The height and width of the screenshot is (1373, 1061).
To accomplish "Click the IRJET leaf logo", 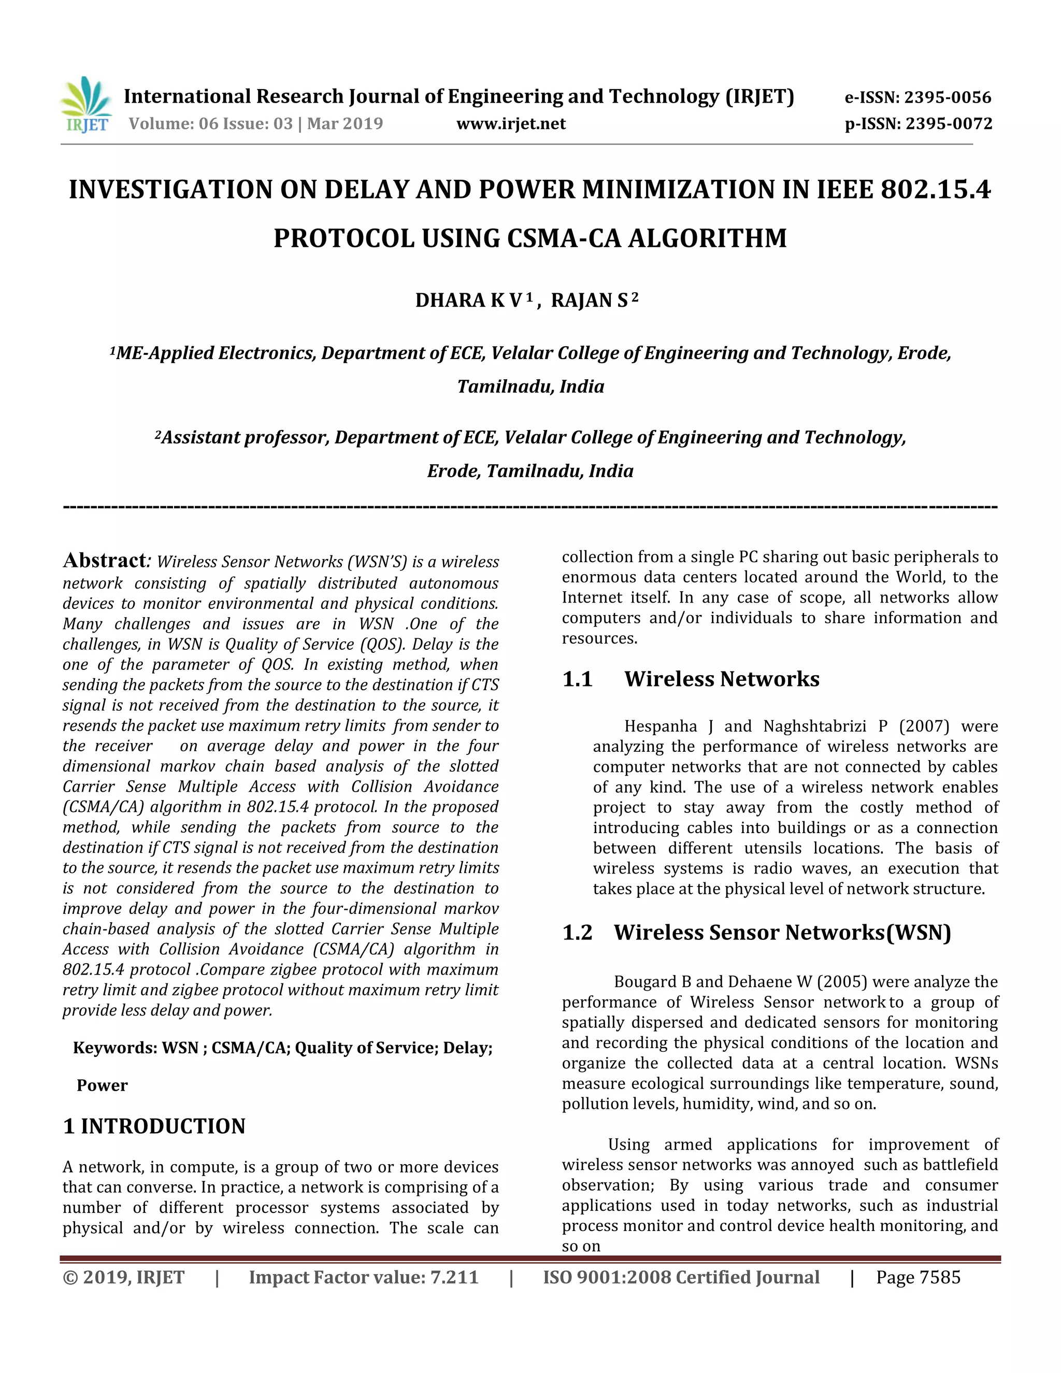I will pos(86,104).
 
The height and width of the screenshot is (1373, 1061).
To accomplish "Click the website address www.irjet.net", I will pos(510,124).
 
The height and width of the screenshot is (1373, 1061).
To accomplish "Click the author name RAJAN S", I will pos(589,301).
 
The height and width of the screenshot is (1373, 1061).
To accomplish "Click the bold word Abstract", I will pos(104,560).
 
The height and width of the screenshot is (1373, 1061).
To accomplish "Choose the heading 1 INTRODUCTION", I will pos(154,1126).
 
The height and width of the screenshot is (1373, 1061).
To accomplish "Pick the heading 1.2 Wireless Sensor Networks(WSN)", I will pos(756,932).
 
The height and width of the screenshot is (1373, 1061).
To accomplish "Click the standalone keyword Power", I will pos(102,1085).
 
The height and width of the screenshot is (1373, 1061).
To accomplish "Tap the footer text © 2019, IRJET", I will pos(124,1278).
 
